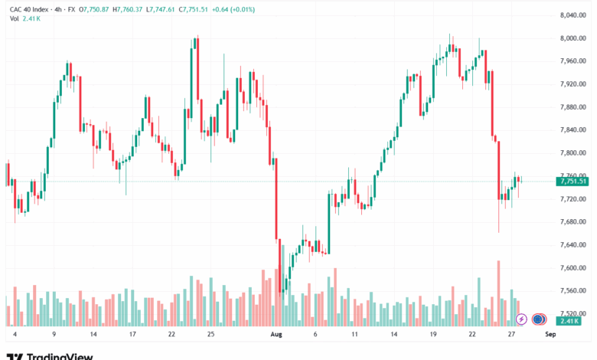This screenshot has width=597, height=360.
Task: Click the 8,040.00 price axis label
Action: point(573,15)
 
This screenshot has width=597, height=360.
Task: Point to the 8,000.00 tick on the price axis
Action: point(573,38)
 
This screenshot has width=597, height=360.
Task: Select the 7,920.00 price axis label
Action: point(573,83)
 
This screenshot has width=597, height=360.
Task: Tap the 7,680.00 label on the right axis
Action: point(573,221)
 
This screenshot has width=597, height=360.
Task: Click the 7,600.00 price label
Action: point(573,268)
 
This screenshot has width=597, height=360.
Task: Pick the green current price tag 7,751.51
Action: point(573,182)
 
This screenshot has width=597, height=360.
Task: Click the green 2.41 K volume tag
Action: point(569,321)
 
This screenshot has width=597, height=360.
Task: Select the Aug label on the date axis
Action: point(276,334)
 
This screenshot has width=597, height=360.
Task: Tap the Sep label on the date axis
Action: point(550,334)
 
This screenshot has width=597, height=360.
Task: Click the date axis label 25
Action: point(210,334)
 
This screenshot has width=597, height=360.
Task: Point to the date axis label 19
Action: point(433,334)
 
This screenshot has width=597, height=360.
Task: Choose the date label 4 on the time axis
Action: point(15,334)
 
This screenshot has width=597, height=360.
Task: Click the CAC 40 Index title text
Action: point(29,9)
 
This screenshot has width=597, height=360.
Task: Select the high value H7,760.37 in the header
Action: point(128,9)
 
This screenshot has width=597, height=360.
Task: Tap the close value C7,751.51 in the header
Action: point(194,9)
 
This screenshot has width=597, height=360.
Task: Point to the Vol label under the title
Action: point(14,18)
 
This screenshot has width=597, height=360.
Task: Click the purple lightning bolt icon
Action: point(521,319)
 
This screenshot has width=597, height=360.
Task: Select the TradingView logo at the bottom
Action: point(50,356)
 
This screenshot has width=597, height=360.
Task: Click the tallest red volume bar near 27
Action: point(498,293)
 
